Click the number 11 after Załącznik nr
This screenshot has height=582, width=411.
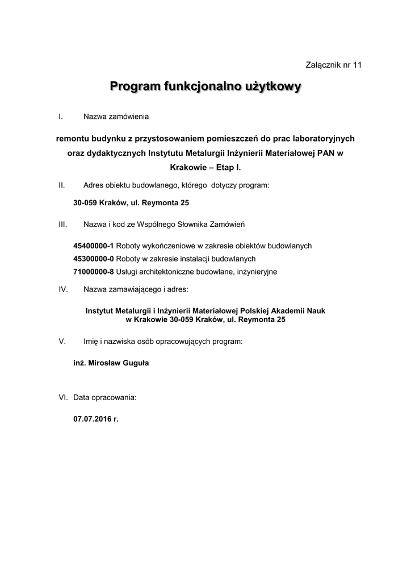coord(357,65)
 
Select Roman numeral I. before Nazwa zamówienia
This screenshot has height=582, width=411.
coord(60,117)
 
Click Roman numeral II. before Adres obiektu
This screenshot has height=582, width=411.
coord(62,185)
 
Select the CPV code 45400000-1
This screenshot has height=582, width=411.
coord(94,246)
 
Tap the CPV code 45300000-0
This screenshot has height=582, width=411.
coord(94,259)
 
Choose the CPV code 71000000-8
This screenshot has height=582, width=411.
coord(94,272)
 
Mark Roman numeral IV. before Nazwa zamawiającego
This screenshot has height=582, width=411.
coord(64,289)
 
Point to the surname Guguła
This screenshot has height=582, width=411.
coord(135,363)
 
